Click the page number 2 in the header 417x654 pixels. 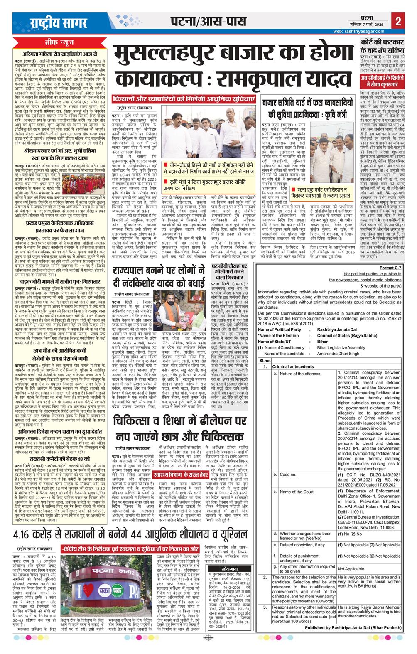coord(398,21)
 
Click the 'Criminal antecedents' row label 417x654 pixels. coord(293,367)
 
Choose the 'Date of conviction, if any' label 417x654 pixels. coord(302,545)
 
